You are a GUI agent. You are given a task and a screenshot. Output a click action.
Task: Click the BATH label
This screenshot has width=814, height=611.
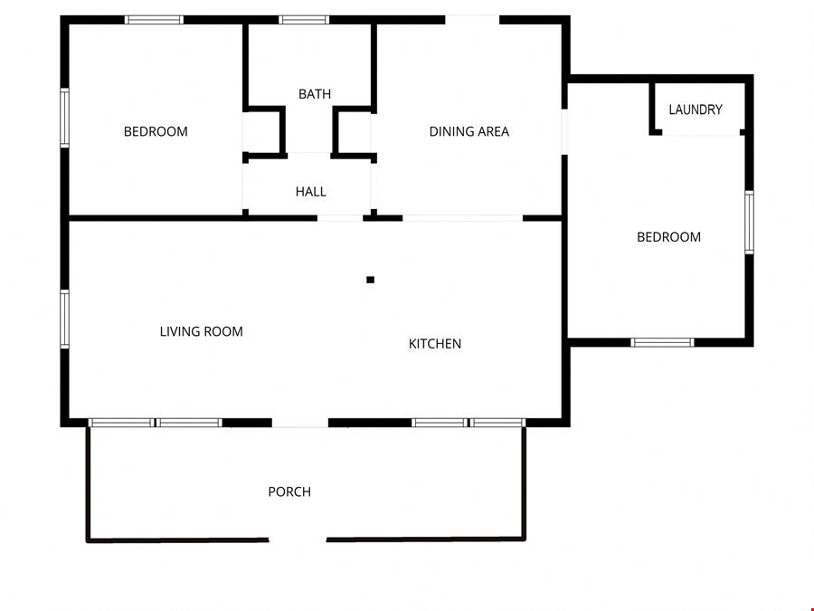(x=315, y=94)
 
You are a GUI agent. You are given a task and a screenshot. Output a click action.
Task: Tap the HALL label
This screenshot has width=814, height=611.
(x=311, y=192)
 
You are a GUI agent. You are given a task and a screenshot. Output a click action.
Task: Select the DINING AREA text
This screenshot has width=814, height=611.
(x=469, y=131)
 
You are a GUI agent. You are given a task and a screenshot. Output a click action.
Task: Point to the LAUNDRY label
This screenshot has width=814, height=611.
(x=696, y=110)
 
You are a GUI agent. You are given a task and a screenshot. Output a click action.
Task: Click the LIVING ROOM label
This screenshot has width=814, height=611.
(x=202, y=331)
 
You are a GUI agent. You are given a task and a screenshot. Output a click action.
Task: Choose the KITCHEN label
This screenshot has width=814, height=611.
(x=434, y=343)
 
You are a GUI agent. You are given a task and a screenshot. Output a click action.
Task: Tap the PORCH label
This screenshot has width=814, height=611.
(x=289, y=492)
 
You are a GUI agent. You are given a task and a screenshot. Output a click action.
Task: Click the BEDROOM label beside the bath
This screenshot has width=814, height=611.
(x=156, y=131)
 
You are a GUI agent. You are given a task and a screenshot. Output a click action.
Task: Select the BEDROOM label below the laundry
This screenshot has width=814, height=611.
(x=668, y=237)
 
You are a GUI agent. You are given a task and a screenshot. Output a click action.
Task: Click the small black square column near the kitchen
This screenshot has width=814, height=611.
(x=370, y=280)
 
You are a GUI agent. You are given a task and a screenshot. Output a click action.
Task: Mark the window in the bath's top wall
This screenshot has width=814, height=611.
(x=304, y=20)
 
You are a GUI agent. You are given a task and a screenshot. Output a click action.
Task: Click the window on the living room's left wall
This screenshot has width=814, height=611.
(x=64, y=319)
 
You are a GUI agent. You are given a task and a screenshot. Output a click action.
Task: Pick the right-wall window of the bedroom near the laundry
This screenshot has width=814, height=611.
(x=749, y=223)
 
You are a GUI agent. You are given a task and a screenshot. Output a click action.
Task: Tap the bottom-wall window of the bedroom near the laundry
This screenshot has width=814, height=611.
(x=662, y=342)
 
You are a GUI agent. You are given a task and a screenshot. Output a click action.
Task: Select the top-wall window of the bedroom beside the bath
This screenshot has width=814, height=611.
(x=154, y=20)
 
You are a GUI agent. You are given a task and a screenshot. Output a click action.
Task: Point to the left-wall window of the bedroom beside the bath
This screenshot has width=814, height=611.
(x=64, y=118)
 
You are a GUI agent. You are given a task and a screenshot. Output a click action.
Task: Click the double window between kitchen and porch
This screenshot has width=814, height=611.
(x=469, y=423)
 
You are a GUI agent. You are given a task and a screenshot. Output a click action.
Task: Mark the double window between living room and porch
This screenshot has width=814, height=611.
(x=156, y=423)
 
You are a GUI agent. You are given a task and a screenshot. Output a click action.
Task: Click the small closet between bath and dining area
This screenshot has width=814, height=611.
(x=355, y=132)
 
